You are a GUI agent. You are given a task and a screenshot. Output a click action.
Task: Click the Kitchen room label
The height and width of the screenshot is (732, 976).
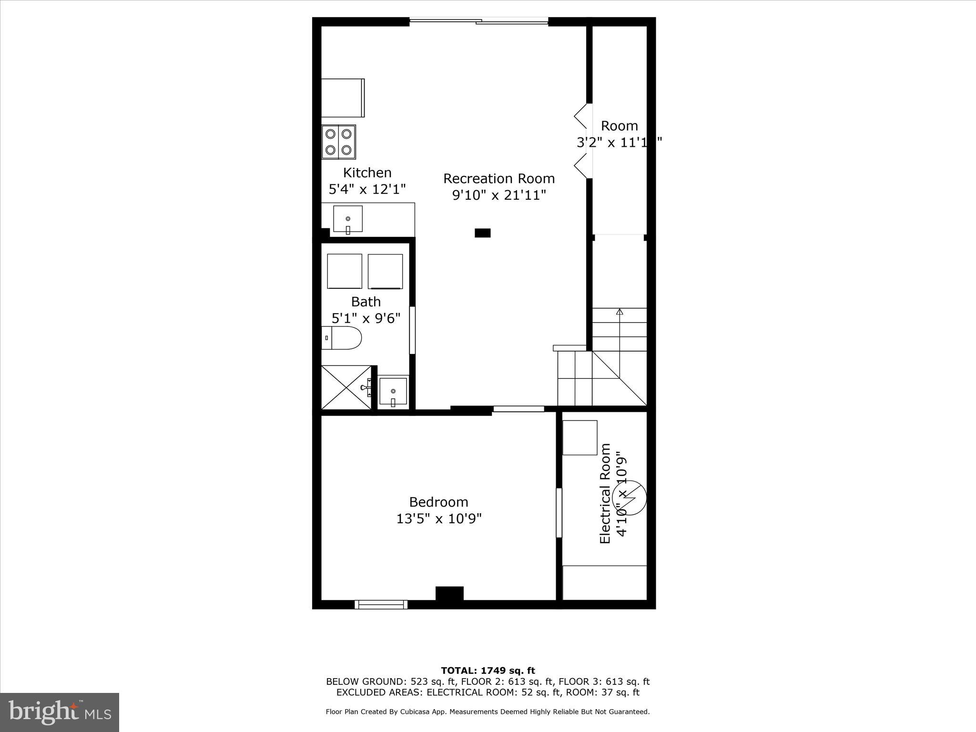[x=367, y=173]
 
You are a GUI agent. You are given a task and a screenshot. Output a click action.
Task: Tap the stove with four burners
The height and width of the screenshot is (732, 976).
[x=338, y=142]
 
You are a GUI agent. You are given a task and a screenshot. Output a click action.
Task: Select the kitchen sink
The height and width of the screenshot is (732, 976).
[x=347, y=219]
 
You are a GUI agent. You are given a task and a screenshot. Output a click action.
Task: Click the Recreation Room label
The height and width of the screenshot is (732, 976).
[x=498, y=179]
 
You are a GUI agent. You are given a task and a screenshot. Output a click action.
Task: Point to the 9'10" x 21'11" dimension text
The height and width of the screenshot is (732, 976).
[x=498, y=195]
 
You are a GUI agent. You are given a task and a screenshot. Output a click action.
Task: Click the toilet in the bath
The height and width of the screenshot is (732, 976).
[x=341, y=338]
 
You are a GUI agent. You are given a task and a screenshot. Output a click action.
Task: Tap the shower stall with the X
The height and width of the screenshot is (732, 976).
[x=346, y=387]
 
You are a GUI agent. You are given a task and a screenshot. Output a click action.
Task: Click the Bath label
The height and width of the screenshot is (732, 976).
[x=366, y=302]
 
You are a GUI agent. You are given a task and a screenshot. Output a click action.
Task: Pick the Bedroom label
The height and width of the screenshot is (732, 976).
[x=438, y=502]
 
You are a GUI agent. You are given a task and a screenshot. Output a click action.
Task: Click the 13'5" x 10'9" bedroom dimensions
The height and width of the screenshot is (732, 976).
[x=438, y=518]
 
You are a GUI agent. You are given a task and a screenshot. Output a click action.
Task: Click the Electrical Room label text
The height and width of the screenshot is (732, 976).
[x=605, y=494]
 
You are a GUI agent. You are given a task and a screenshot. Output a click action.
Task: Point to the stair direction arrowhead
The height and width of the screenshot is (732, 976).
[x=619, y=312]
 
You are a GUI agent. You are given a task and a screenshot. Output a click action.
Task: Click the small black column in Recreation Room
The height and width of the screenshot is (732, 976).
[x=482, y=233]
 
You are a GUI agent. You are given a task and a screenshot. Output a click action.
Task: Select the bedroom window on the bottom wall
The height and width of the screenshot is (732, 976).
[x=381, y=604]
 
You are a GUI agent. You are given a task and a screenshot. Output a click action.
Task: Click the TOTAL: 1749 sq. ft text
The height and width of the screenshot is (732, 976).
[x=488, y=671]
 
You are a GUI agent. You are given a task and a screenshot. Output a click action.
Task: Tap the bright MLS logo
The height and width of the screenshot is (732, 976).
[x=60, y=712]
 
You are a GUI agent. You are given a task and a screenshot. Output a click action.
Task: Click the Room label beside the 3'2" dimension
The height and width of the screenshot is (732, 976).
[x=619, y=126]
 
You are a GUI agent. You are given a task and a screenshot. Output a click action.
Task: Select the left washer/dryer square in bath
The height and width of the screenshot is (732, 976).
[x=345, y=271]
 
